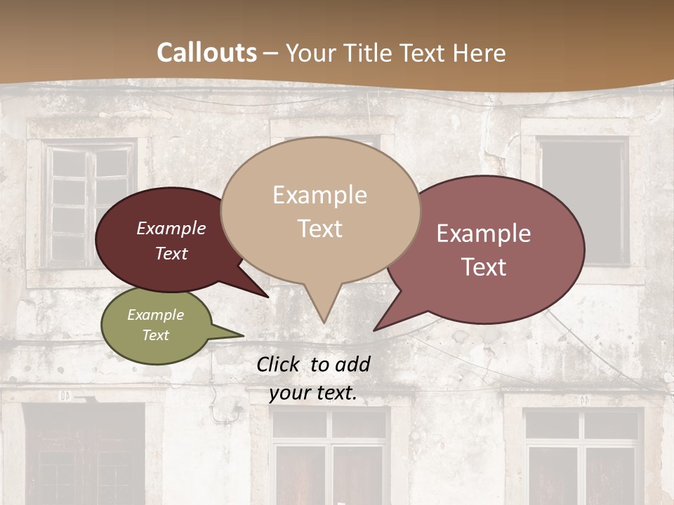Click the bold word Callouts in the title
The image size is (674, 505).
[x=206, y=53]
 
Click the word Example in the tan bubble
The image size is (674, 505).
[x=319, y=195]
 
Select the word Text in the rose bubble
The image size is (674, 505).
[x=484, y=267]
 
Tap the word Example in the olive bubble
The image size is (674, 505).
[x=155, y=315]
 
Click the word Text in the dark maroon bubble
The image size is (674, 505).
[x=171, y=253]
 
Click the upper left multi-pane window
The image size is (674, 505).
[x=89, y=203]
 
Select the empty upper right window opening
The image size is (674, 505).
[x=582, y=201]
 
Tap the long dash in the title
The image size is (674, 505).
[x=271, y=53]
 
